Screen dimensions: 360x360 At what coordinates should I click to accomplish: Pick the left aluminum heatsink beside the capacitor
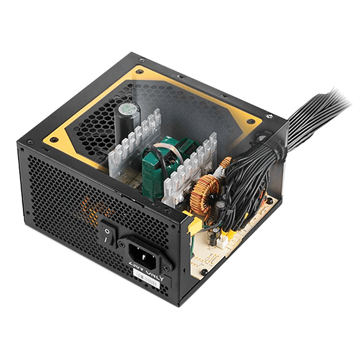click(x=132, y=143)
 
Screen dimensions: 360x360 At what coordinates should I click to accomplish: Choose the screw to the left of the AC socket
click(x=121, y=244)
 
